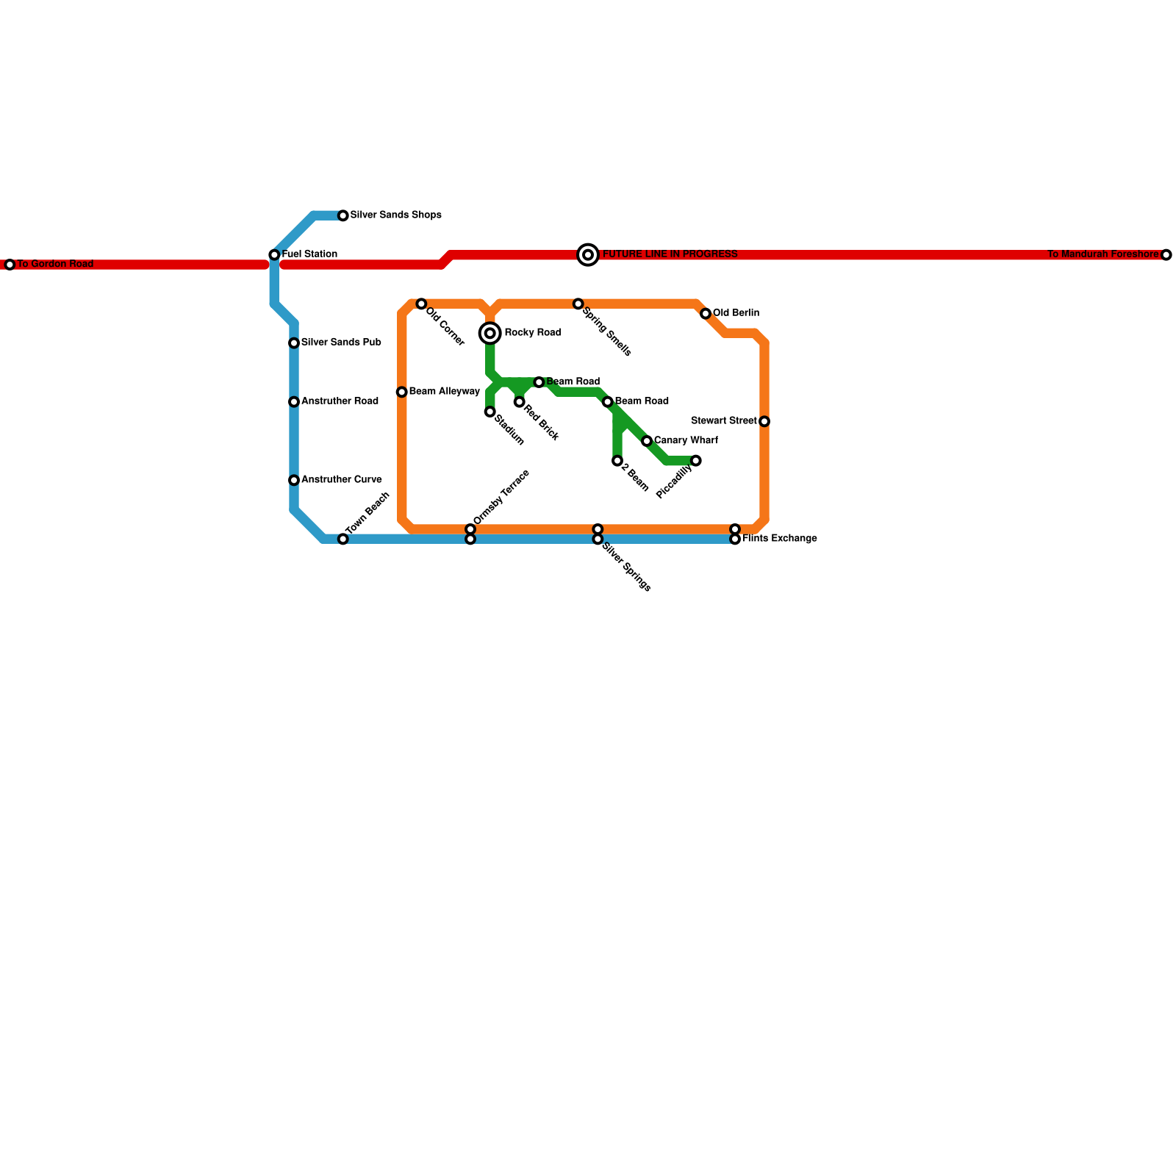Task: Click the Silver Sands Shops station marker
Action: (x=343, y=215)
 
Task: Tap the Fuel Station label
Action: (x=309, y=254)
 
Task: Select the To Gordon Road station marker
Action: (x=10, y=265)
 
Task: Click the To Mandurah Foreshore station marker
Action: (x=1166, y=255)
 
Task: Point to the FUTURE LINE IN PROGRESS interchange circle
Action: (x=588, y=255)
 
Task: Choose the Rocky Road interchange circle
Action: (x=490, y=334)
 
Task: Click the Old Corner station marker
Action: (x=421, y=304)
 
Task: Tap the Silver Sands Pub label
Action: (x=341, y=343)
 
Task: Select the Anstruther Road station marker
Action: (x=294, y=402)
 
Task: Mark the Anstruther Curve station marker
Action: (x=294, y=480)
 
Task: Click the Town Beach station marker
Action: (x=343, y=539)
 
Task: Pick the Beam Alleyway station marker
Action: (x=401, y=392)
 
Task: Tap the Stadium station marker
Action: (x=490, y=412)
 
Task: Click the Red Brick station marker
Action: (x=520, y=402)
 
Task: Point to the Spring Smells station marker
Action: (x=578, y=304)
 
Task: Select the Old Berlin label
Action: (x=736, y=313)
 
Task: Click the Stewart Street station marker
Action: (x=764, y=422)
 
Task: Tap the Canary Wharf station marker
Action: (x=647, y=441)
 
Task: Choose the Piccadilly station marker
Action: (x=696, y=461)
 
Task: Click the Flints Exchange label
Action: (x=779, y=539)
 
